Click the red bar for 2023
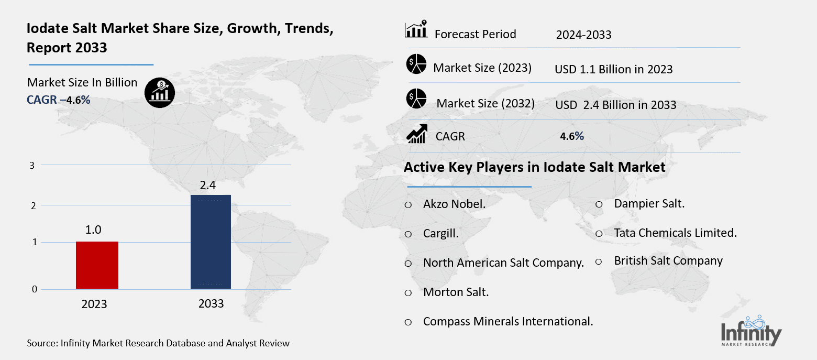97,265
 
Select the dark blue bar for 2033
210,242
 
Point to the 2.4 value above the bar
207,185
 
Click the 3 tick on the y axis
32,165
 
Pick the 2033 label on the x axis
211,303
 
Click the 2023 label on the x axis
94,304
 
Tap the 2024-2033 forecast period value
583,35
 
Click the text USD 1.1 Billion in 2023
613,69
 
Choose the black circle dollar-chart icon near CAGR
160,93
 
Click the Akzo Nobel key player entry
454,204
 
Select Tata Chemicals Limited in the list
675,233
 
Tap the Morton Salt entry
456,292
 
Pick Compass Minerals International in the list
507,322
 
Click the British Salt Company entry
668,261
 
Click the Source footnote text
158,344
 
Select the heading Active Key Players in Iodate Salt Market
534,167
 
